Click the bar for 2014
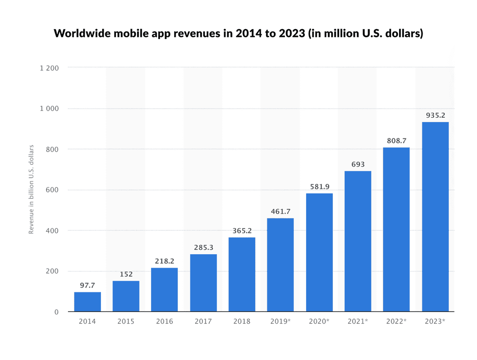point(87,302)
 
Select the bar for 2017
point(204,283)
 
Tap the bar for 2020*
point(319,253)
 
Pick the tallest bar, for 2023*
point(435,217)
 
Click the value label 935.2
point(435,115)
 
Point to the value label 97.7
point(87,285)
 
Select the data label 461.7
point(280,211)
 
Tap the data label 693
point(358,164)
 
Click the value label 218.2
point(165,261)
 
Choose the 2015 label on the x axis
point(126,321)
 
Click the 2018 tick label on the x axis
point(242,321)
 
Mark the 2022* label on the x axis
point(396,321)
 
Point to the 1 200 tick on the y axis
point(50,68)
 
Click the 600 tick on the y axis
point(52,190)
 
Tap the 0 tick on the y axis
point(57,312)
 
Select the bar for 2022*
point(396,230)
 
